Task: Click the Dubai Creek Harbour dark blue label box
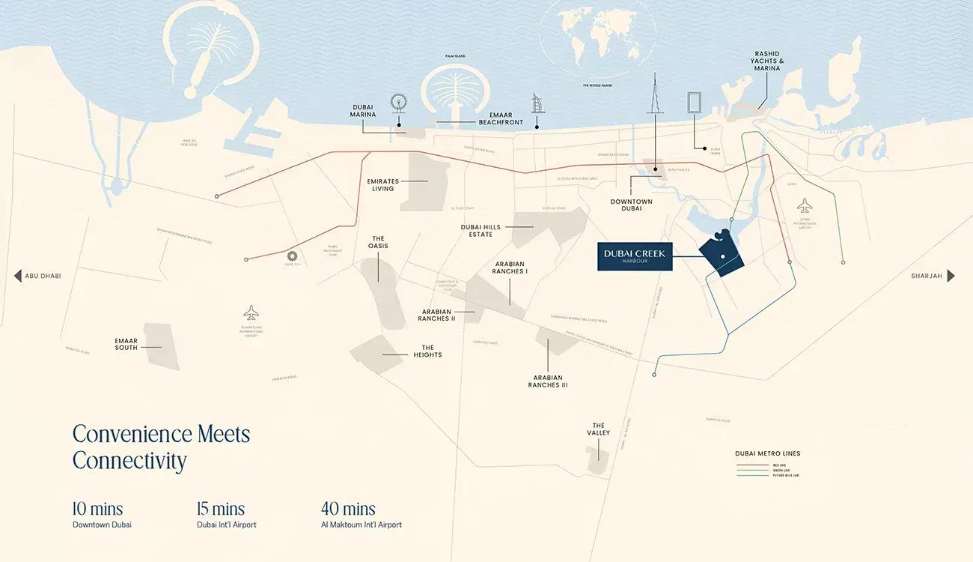tap(634, 257)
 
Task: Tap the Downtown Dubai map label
tap(631, 205)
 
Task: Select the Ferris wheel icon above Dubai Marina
tap(398, 105)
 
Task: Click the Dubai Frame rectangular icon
tap(695, 104)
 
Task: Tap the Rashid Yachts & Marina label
tap(766, 61)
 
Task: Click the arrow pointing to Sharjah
tap(951, 276)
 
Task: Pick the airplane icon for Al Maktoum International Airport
tap(251, 312)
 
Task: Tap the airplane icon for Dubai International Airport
tap(805, 205)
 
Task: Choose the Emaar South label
tap(126, 344)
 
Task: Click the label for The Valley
tap(598, 429)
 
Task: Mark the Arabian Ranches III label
tap(548, 381)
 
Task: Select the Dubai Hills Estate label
tap(481, 230)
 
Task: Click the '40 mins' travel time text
tap(348, 509)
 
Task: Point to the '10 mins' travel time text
tap(97, 509)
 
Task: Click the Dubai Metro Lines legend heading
tap(767, 453)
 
